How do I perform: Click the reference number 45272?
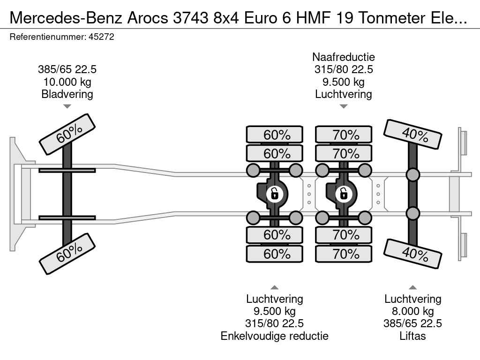coord(101,37)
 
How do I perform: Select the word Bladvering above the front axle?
coord(67,94)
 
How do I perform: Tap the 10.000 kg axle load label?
coord(67,82)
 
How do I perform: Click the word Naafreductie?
coord(344,57)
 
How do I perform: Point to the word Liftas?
coord(412,336)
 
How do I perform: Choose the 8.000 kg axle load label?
coord(412,311)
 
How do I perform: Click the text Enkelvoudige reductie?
coord(275,336)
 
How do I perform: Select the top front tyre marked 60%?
coord(67,135)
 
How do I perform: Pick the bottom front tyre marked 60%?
coord(67,254)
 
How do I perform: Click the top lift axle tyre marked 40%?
coord(412,134)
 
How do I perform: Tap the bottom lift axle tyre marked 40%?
coord(412,254)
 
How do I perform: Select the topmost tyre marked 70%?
coord(344,135)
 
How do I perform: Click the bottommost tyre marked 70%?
coord(344,254)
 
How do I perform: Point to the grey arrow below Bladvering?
coord(67,106)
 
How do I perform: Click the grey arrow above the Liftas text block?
coord(412,287)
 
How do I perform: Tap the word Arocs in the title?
coord(148,18)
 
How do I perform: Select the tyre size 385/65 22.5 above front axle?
coord(67,69)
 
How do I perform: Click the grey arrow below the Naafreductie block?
coord(344,106)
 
